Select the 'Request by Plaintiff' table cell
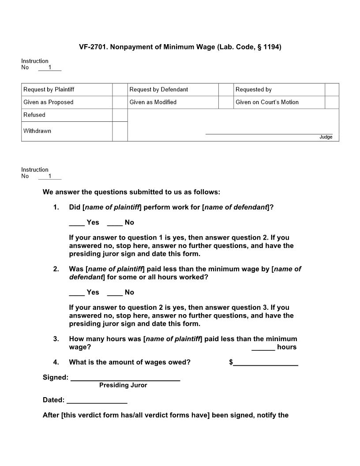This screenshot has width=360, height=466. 67,90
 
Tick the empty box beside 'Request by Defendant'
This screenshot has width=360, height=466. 226,90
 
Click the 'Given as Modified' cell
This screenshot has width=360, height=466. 173,102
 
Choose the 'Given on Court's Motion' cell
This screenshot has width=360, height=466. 279,102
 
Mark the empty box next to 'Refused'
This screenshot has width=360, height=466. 120,115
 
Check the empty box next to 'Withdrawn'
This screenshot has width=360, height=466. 120,132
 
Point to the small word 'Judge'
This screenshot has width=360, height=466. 326,137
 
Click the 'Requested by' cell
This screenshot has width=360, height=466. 279,90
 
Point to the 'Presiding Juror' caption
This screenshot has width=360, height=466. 123,385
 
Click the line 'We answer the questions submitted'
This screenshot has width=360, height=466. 131,192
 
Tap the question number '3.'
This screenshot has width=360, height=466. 56,339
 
